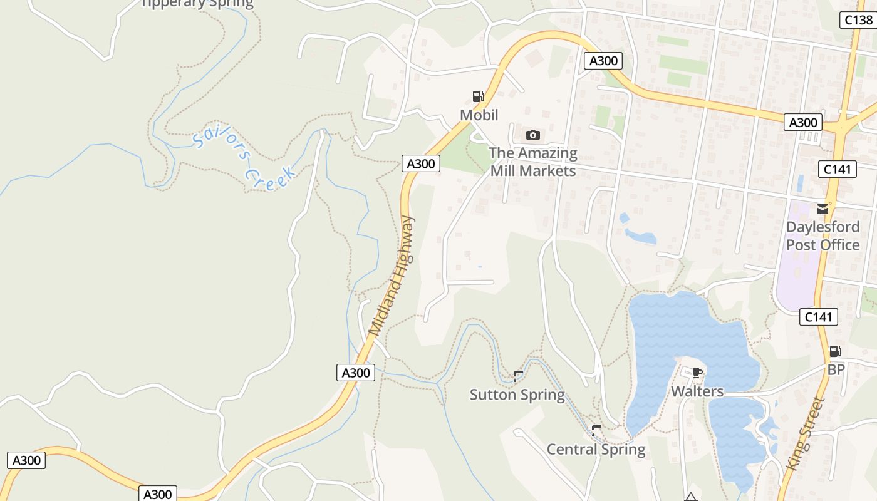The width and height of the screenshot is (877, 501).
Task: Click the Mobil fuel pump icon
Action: point(478,96)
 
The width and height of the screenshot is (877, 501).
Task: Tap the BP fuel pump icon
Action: point(835,351)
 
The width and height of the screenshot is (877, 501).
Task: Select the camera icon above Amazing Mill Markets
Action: point(533,135)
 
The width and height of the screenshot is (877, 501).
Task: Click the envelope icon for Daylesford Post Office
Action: point(823,209)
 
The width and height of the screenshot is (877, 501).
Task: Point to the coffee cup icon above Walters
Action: point(697,373)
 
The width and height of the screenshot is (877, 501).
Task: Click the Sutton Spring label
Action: point(517,395)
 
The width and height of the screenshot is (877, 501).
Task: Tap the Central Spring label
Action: point(596,450)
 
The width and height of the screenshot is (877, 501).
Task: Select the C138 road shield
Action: point(858,20)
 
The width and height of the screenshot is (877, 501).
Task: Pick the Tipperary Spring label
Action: point(197,4)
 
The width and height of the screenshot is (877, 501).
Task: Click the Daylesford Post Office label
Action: point(823,235)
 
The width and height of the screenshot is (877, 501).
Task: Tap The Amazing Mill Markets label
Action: point(533,162)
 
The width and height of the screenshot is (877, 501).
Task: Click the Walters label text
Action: point(697,392)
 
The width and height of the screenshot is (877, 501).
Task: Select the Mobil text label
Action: point(479,115)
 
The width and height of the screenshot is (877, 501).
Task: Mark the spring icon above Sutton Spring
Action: point(518,376)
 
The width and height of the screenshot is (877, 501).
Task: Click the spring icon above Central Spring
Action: point(596,430)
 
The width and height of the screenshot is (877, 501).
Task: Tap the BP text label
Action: point(836,370)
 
